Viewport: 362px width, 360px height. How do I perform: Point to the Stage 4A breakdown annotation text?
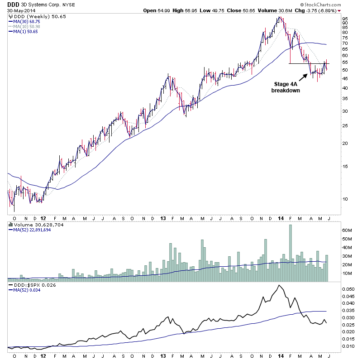[x=286, y=87]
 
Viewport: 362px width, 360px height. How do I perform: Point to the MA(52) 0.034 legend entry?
[x=28, y=291]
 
